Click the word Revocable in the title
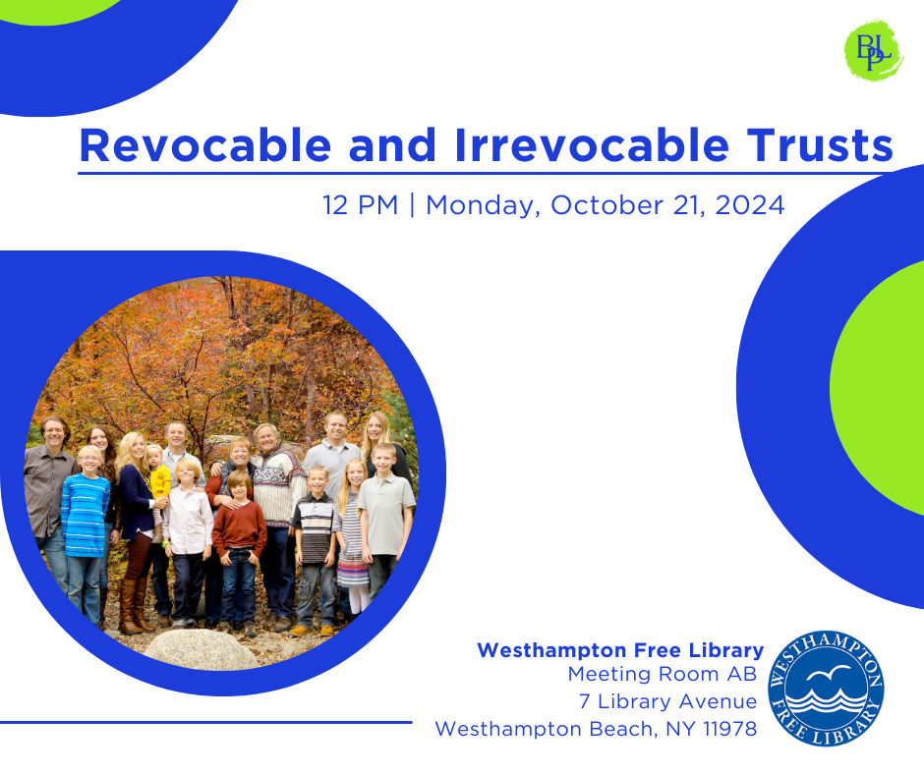205,145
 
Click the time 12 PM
361,205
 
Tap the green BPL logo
873,50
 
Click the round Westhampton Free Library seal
826,688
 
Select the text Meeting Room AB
662,674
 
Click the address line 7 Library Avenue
667,701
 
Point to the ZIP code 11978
730,729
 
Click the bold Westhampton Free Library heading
620,650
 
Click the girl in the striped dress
353,535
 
